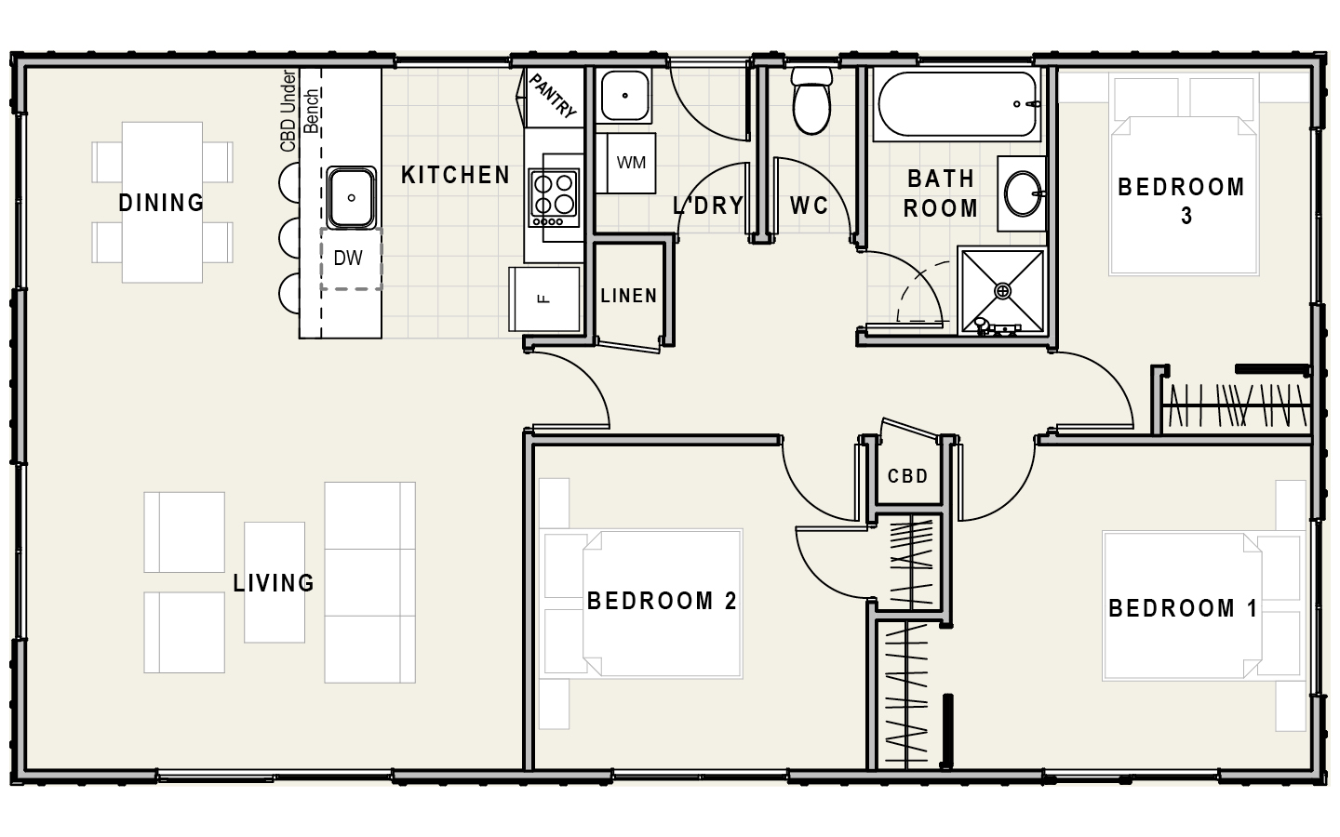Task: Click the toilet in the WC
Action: pos(811,100)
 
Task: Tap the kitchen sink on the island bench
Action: pos(351,197)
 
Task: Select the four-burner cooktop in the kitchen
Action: pos(554,198)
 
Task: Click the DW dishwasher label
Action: pos(348,259)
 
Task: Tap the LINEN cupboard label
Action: pos(629,296)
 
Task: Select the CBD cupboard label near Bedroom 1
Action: pos(907,476)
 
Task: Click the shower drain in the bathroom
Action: pos(1002,291)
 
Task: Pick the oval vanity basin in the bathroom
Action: pos(1023,193)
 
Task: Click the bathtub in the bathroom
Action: pos(957,104)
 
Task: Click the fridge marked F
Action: pos(543,299)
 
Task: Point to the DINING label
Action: pos(162,203)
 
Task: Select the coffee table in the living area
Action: pos(275,582)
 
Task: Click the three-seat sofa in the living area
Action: pos(369,582)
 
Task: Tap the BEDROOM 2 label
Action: pos(662,601)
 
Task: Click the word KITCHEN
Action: pos(455,175)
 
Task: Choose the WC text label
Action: pos(809,206)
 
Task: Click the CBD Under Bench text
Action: pos(300,111)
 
